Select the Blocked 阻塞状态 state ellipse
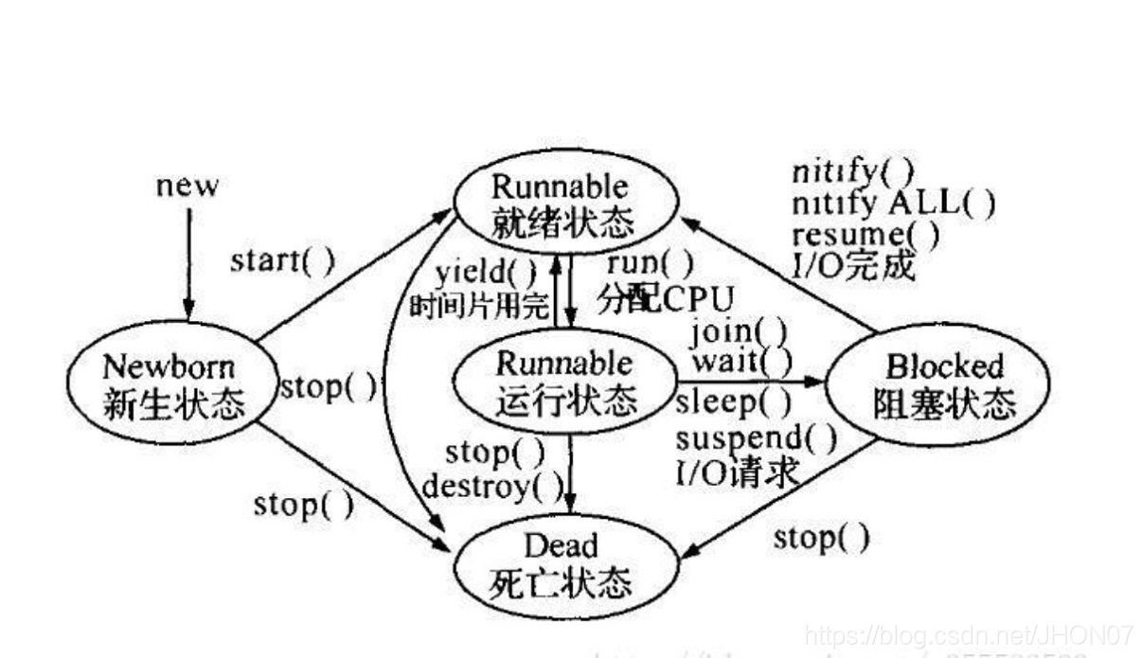tap(937, 384)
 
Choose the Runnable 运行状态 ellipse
tap(564, 382)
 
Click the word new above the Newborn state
tap(187, 185)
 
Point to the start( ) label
tap(282, 260)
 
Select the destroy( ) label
tap(492, 487)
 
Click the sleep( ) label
tap(733, 402)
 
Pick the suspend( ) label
tap(756, 437)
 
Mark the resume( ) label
tap(865, 233)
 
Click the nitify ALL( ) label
tap(893, 202)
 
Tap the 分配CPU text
tap(665, 298)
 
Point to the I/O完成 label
tap(852, 266)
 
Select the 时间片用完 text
tap(478, 306)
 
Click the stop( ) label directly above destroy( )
tap(494, 453)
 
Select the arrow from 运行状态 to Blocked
tap(748, 382)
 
